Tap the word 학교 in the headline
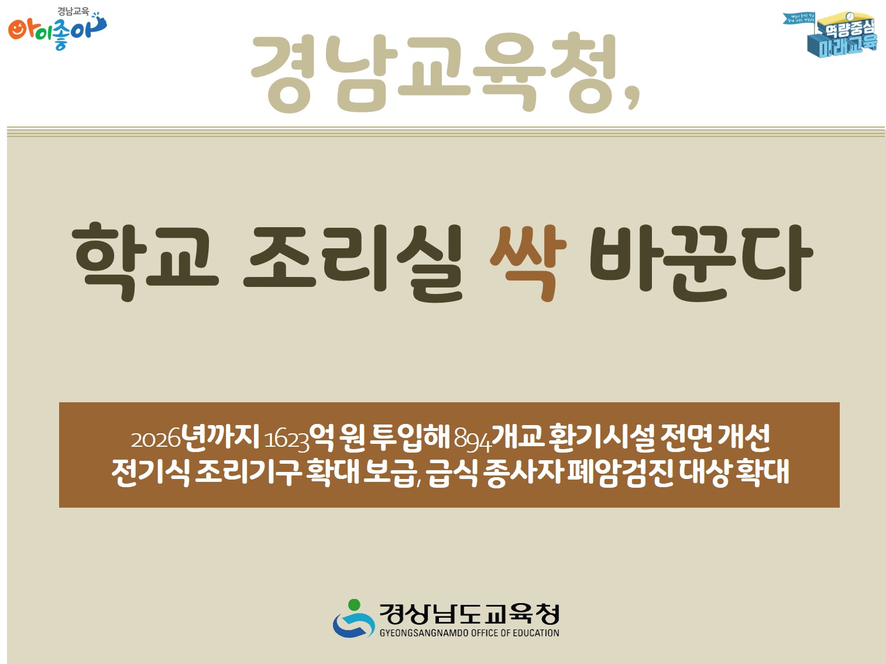[x=145, y=261]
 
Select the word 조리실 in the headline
[x=353, y=261]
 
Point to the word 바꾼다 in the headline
[x=700, y=261]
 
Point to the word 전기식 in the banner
[x=150, y=473]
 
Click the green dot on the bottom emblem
[x=353, y=605]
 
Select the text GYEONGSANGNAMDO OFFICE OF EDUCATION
[x=469, y=633]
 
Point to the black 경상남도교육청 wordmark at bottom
[x=469, y=614]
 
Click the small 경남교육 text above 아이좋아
[x=73, y=11]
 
